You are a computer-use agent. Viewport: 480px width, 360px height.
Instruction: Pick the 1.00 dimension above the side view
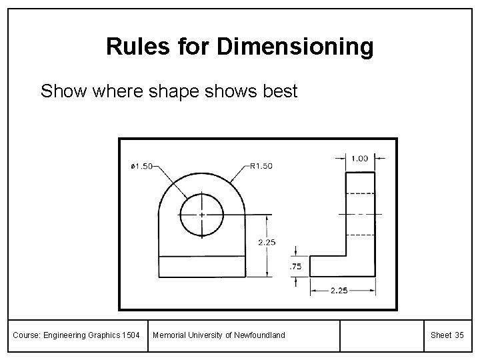click(359, 159)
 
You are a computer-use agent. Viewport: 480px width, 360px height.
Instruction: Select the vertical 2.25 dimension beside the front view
click(267, 243)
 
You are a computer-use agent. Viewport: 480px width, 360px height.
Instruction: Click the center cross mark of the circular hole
click(201, 215)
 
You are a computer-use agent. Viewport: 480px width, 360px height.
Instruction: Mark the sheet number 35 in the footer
click(459, 335)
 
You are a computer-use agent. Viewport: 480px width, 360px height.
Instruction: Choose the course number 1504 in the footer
click(131, 335)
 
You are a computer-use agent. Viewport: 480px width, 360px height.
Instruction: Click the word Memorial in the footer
click(169, 335)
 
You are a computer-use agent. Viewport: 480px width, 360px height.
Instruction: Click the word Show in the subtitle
click(59, 91)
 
